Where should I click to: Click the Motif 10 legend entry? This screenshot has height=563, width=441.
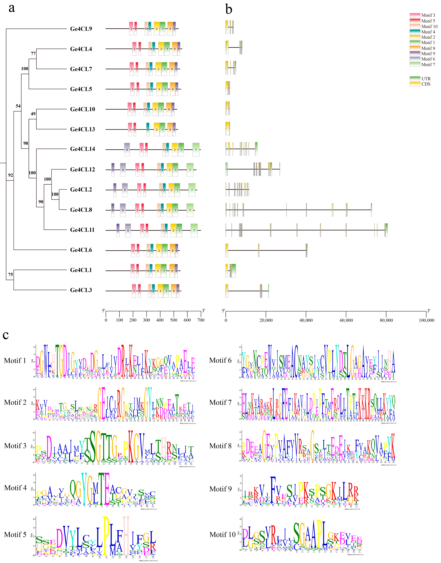[x=429, y=26]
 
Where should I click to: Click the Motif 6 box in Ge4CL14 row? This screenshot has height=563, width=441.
[x=127, y=149]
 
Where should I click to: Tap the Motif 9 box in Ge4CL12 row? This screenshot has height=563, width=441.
[x=113, y=170]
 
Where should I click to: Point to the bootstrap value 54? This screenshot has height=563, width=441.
[x=18, y=106]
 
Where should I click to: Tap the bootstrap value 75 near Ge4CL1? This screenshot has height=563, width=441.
[x=11, y=274]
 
